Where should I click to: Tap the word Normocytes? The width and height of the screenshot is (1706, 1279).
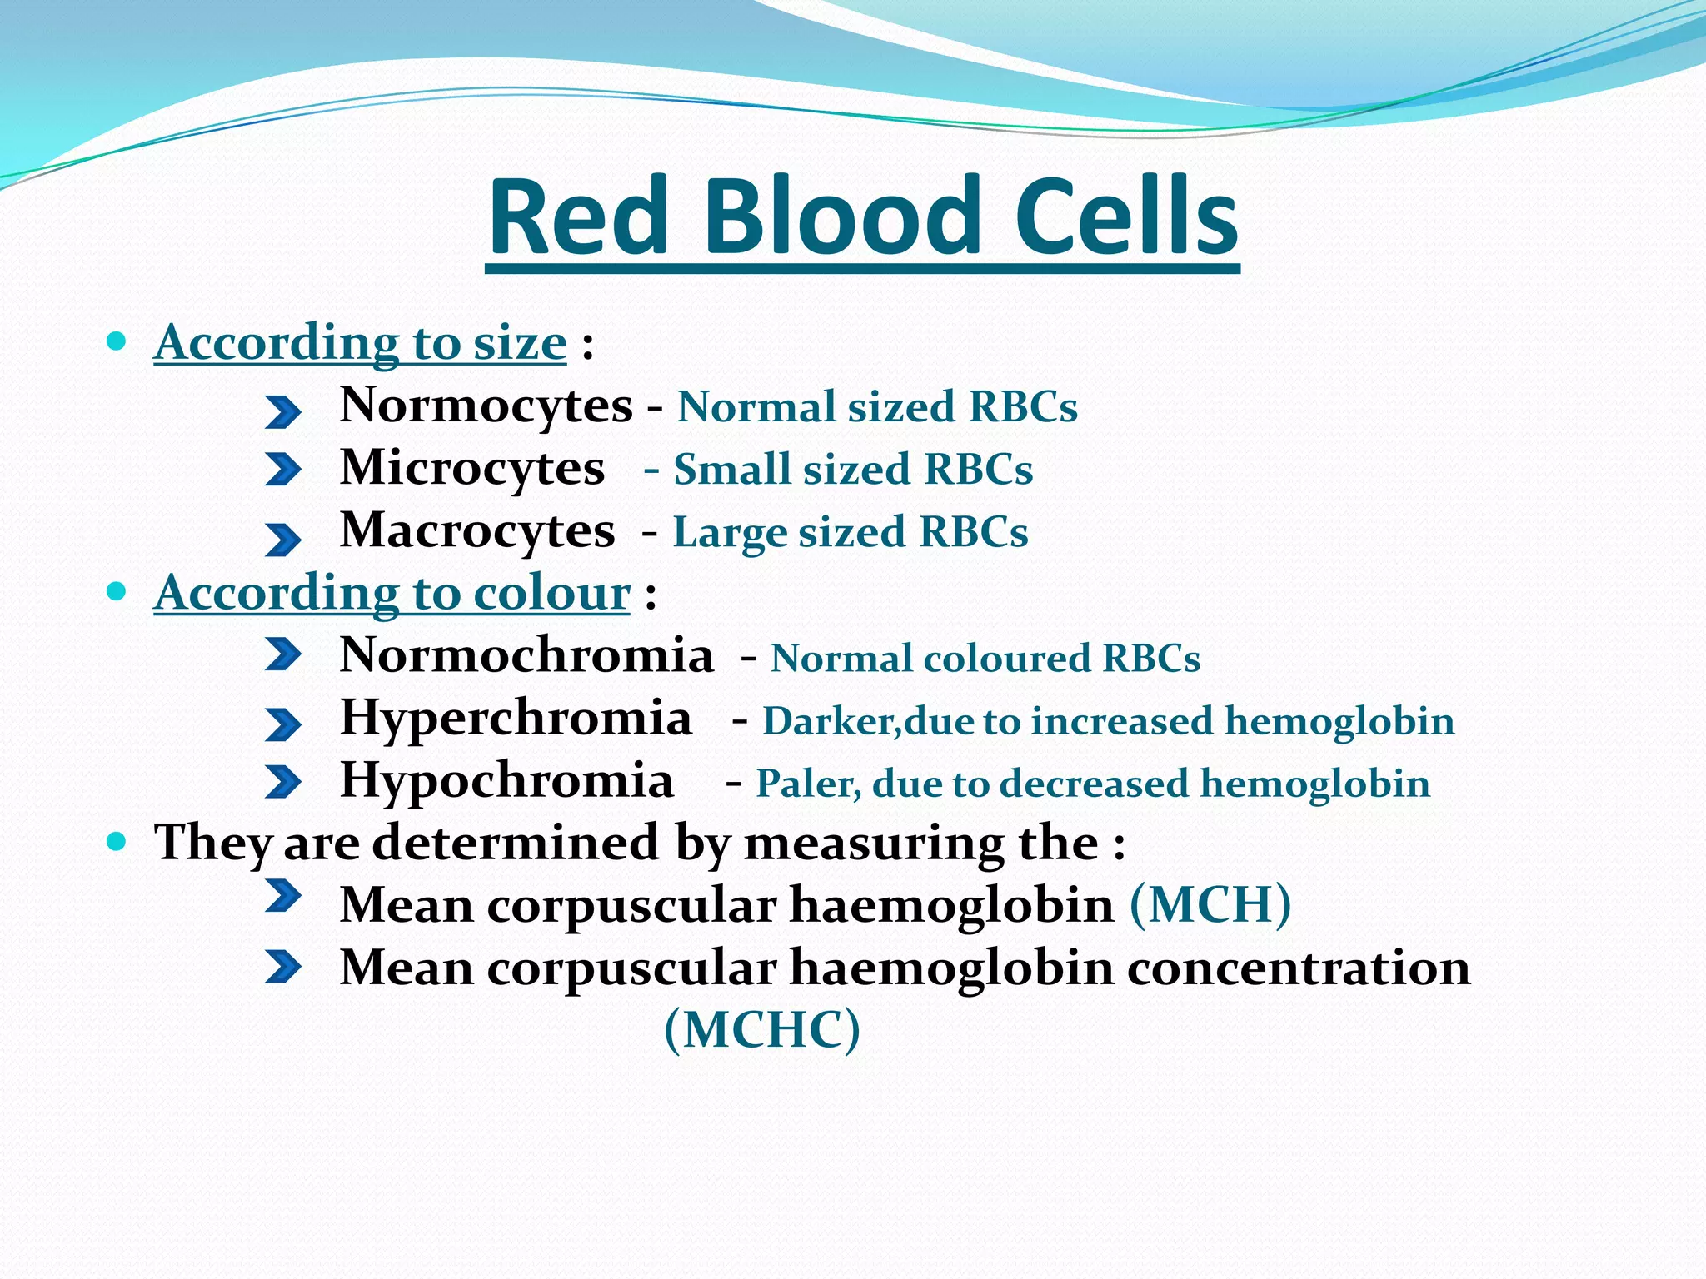point(486,406)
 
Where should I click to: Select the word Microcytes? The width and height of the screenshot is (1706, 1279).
point(472,468)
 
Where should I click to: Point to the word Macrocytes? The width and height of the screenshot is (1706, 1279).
point(477,530)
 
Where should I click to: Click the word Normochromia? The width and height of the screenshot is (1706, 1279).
point(526,655)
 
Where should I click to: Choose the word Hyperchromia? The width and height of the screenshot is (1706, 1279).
point(516,718)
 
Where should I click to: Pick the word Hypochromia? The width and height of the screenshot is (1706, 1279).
point(506,781)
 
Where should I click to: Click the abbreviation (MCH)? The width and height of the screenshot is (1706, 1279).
point(1210,904)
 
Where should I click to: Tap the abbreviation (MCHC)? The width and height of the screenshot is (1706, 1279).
point(762,1029)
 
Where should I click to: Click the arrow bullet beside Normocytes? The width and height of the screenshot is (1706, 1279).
point(282,411)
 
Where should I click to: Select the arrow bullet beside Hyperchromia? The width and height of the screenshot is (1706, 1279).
point(282,724)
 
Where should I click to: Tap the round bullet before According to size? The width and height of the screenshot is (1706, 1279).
point(117,341)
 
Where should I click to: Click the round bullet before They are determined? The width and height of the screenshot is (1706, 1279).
point(117,842)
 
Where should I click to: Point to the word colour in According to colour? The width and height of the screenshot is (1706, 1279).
point(551,594)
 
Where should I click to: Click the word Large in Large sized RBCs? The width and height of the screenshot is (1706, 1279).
point(728,533)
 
